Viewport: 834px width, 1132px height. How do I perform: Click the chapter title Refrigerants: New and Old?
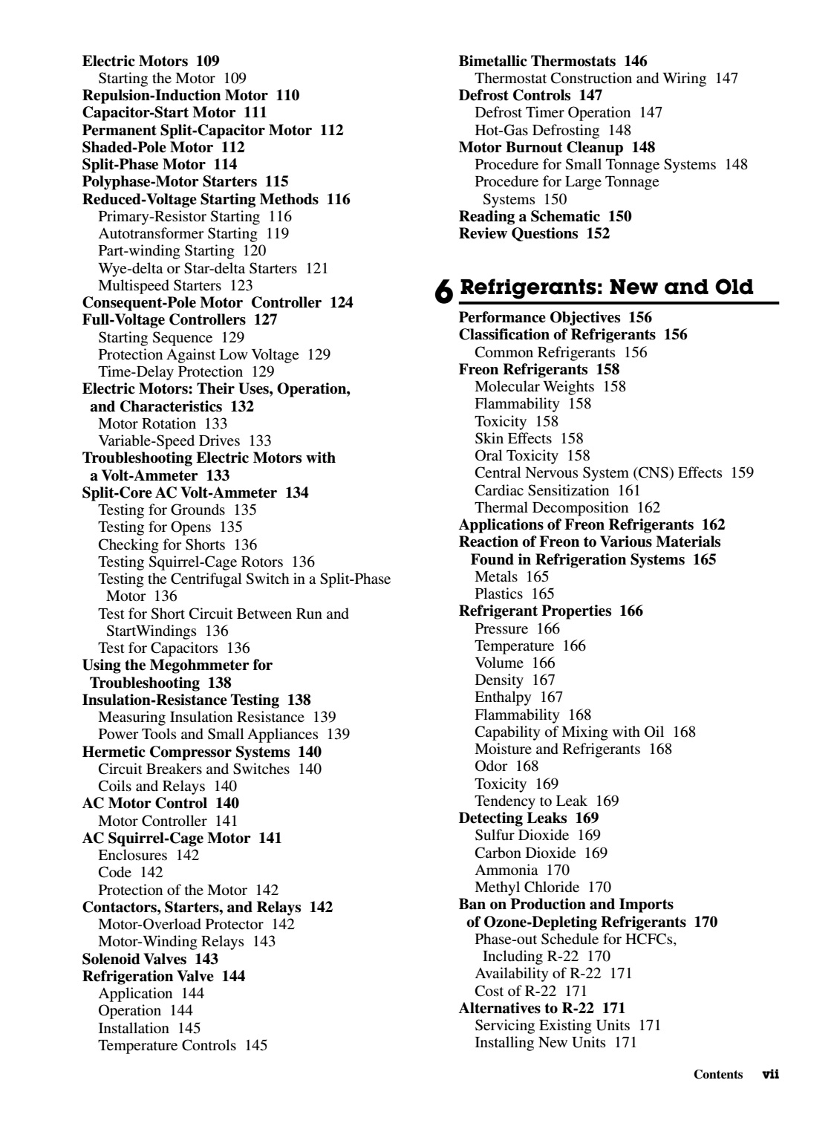coord(606,287)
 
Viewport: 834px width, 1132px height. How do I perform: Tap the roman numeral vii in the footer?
coord(770,1074)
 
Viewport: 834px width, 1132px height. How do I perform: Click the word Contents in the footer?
coord(718,1075)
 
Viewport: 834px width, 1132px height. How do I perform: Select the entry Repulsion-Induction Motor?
coord(175,95)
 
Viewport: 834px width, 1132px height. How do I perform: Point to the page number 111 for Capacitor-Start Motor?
coord(255,112)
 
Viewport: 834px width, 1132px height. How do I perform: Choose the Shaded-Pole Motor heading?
coord(148,147)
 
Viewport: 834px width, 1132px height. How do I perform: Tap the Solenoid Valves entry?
coord(134,959)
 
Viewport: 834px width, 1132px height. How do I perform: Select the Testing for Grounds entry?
coord(161,510)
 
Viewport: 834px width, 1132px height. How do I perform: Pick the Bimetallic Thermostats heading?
coord(538,61)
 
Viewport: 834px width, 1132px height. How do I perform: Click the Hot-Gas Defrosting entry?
coord(537,130)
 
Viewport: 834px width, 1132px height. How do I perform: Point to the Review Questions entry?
coord(518,233)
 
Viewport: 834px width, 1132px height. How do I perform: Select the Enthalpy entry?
coord(503,697)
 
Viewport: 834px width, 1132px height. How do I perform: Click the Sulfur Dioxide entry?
coord(521,835)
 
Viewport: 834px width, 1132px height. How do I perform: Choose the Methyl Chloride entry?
coord(527,887)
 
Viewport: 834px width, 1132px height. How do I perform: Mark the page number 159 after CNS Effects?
coord(742,472)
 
